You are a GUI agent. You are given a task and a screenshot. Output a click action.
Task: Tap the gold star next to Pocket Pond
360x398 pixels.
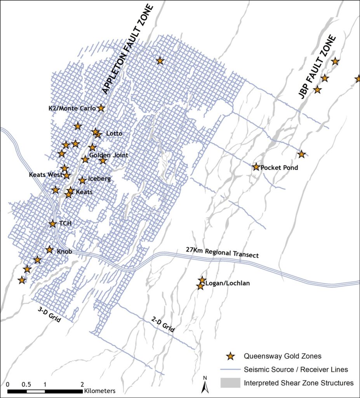point(256,167)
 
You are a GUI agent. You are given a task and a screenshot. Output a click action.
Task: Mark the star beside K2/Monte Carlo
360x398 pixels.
point(101,108)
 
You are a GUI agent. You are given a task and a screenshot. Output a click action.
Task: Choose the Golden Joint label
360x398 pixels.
point(109,155)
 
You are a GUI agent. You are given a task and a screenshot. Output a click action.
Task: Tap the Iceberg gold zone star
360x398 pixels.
point(82,180)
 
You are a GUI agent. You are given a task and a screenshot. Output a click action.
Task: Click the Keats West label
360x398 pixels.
point(45,175)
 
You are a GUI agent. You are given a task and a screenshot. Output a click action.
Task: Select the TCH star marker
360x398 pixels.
point(53,223)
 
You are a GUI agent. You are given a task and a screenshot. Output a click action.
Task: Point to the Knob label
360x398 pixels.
point(64,251)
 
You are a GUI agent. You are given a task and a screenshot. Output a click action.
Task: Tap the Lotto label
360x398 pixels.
point(114,134)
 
